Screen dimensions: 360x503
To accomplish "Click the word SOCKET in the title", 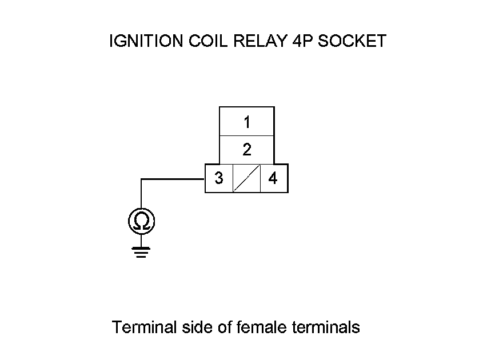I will pos(352,41).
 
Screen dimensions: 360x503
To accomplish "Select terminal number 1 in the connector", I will pos(247,122).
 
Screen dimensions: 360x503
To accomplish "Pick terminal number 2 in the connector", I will pos(247,150).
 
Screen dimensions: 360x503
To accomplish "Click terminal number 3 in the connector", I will pos(219,178).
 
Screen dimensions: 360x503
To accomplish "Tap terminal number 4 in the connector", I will pos(273,178).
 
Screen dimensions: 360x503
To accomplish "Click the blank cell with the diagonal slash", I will pos(247,178).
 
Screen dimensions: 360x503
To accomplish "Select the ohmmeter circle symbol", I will pos(141,221).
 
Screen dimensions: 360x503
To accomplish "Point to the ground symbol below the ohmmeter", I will pos(141,251).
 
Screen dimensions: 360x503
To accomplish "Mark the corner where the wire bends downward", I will pos(141,179).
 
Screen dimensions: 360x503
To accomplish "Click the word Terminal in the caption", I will pos(145,327).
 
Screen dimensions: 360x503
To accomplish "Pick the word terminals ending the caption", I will pos(326,327).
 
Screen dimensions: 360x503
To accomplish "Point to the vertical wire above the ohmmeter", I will pos(141,194).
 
